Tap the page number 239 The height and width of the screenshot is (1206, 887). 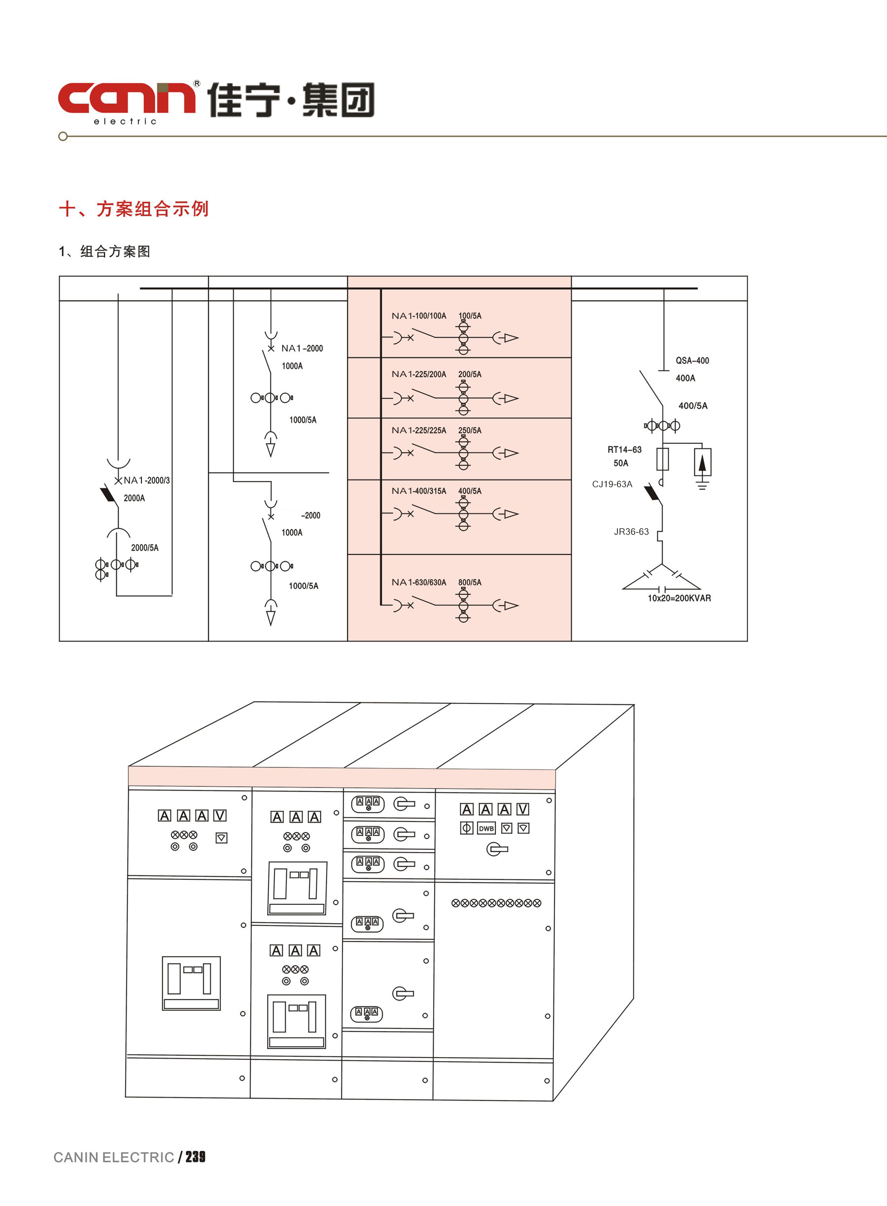tap(196, 1157)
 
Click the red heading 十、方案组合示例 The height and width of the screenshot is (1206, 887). tap(134, 209)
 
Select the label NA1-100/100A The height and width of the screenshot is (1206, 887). tap(418, 316)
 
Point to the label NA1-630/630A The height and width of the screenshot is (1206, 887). tap(418, 582)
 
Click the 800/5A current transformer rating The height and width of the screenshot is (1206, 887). tap(470, 582)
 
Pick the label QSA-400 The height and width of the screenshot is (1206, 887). tap(692, 360)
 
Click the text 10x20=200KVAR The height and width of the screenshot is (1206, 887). tap(679, 598)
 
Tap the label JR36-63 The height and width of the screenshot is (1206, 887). tap(631, 532)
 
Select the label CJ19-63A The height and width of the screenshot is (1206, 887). tap(612, 484)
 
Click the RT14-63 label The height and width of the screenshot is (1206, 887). tap(624, 449)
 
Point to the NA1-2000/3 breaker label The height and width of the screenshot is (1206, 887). tap(146, 480)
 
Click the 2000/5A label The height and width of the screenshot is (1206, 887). tap(145, 548)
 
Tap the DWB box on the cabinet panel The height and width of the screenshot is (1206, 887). tap(486, 828)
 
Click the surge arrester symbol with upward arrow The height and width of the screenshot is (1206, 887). tap(702, 462)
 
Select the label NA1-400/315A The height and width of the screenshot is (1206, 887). tap(418, 491)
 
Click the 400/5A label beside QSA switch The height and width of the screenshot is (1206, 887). tap(693, 406)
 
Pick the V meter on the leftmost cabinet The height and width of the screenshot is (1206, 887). tap(220, 816)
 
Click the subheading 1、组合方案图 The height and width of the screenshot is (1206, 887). tap(104, 251)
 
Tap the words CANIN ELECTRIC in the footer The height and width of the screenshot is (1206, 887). tap(114, 1157)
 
